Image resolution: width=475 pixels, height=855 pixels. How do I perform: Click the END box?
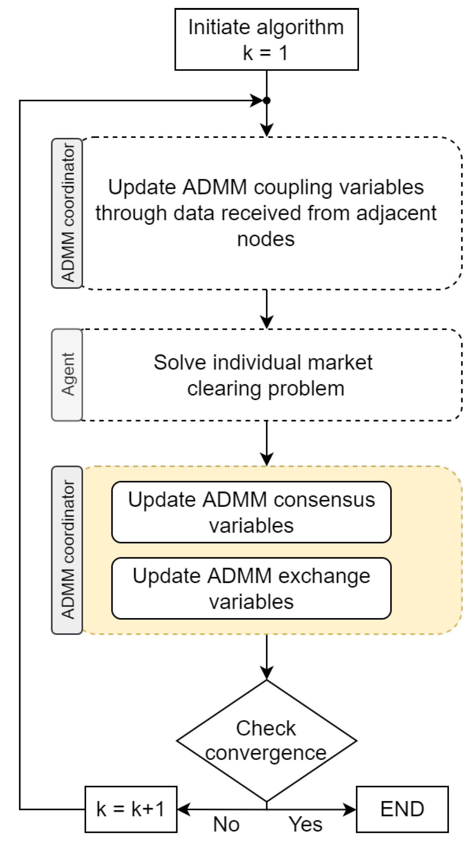[x=402, y=809]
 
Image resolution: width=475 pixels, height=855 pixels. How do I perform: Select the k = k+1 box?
[x=131, y=809]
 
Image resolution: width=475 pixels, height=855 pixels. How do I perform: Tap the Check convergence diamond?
[x=266, y=740]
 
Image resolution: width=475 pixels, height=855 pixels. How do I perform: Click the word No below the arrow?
[x=226, y=825]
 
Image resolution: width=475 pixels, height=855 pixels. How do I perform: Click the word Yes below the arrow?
[x=305, y=825]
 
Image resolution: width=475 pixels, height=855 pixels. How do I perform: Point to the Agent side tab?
[x=67, y=375]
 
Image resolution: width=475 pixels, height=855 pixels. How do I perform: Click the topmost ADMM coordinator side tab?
[x=67, y=213]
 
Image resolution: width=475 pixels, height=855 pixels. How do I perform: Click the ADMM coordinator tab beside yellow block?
[x=67, y=550]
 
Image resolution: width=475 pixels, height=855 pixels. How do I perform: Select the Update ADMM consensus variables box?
[x=251, y=512]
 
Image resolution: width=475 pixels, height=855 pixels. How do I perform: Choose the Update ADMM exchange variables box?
[x=251, y=588]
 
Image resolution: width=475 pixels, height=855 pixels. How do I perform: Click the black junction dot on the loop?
[x=267, y=100]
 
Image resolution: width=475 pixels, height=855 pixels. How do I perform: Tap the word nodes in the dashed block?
[x=266, y=239]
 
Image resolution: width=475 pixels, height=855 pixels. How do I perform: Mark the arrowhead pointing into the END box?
[x=350, y=809]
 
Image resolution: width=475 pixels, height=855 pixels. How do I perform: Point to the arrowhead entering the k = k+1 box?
[x=183, y=809]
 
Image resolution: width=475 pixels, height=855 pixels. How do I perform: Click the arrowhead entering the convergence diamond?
[x=267, y=673]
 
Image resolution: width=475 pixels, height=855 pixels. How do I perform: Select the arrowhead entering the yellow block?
[x=267, y=459]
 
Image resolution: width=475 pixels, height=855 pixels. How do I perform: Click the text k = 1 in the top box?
[x=265, y=53]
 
